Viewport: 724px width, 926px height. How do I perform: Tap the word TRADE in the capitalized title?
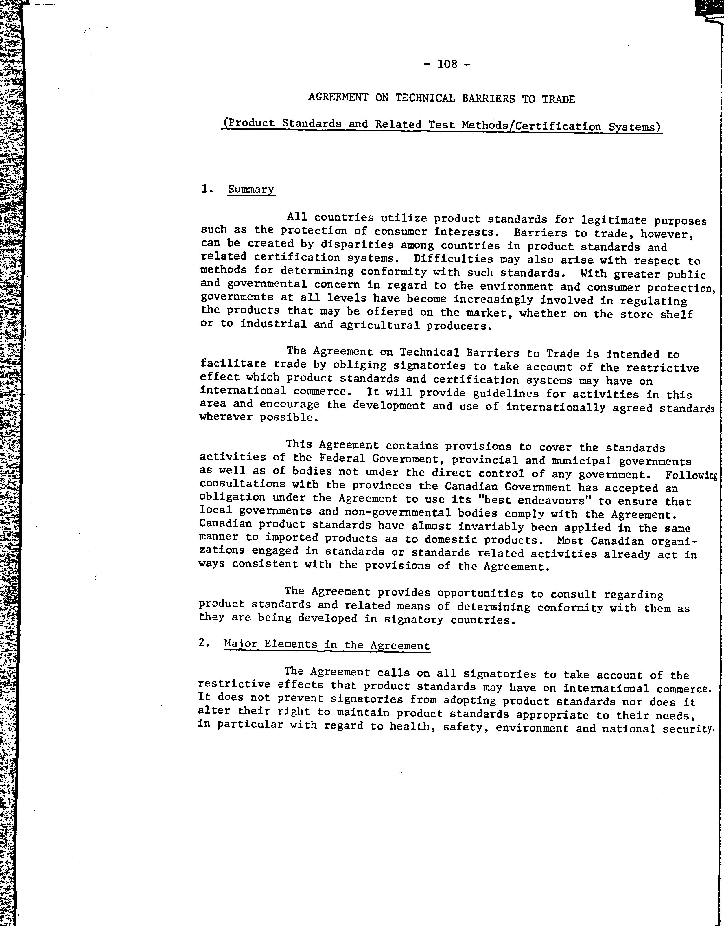click(x=558, y=100)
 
